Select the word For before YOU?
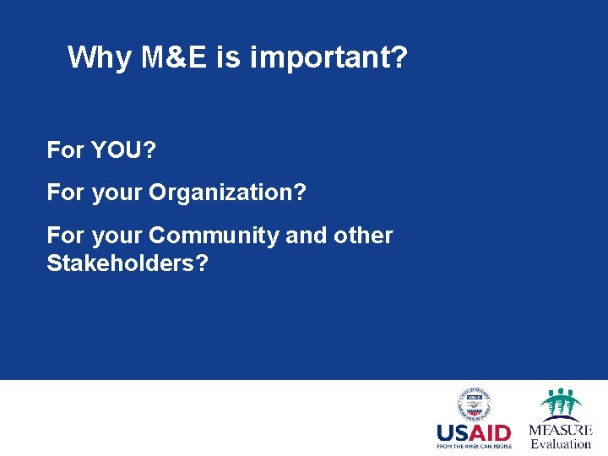(x=65, y=151)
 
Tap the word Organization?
(x=227, y=193)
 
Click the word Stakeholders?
(x=128, y=263)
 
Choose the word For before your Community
(x=65, y=236)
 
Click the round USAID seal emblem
(x=474, y=404)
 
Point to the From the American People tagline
(x=474, y=446)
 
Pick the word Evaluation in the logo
(x=561, y=444)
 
